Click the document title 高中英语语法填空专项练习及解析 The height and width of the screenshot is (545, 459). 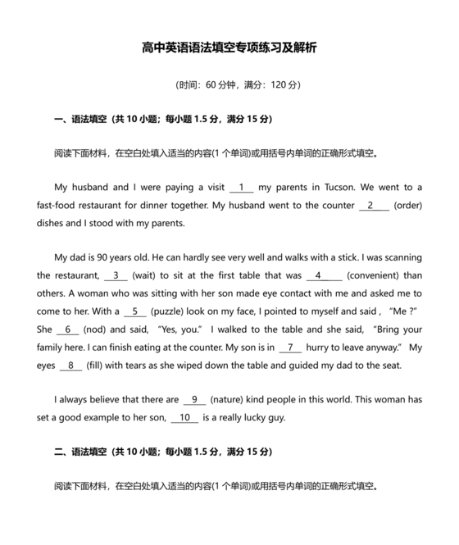pos(229,48)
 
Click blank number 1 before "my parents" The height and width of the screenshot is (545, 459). pos(243,187)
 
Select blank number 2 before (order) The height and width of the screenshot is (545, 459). pos(374,205)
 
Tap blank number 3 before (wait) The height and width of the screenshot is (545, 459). pos(116,275)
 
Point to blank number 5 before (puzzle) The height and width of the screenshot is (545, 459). pos(134,311)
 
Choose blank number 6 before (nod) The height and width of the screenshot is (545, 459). pos(68,329)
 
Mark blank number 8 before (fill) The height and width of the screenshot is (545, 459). pos(70,366)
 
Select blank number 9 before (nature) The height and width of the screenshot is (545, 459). pos(195,400)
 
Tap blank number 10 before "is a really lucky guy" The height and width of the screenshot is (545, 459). pos(185,418)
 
